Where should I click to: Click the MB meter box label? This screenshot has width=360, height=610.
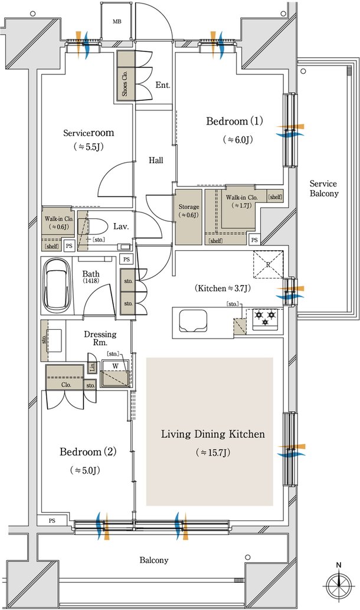[x=117, y=22]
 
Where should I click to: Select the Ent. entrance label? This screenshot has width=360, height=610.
[x=163, y=85]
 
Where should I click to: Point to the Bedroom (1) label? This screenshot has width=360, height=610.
[x=234, y=122]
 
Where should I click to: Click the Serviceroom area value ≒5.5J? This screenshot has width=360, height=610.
[x=89, y=147]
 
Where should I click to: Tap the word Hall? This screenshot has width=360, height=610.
[x=156, y=160]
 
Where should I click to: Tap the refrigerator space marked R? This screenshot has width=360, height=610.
[x=268, y=264]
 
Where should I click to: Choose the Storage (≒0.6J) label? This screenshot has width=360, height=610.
[x=188, y=211]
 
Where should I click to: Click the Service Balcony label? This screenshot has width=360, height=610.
[x=324, y=188]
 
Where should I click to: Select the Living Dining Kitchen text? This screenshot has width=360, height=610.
[x=213, y=434]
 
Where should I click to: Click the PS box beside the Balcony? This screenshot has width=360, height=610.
[x=52, y=520]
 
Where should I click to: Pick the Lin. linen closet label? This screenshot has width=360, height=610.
[x=92, y=367]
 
